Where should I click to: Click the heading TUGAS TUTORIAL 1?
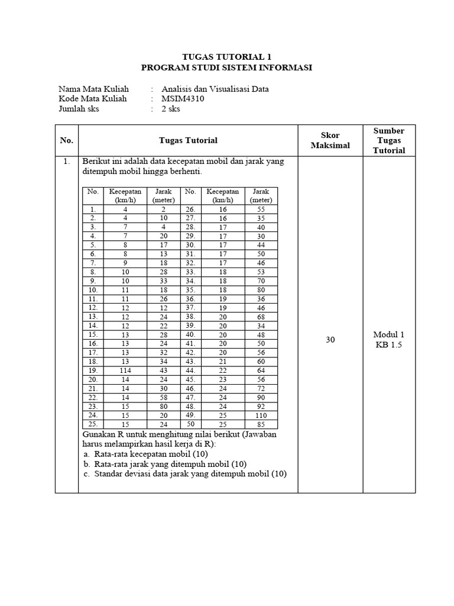tap(226, 57)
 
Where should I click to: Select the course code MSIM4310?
tap(183, 99)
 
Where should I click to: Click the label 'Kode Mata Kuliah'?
tap(93, 99)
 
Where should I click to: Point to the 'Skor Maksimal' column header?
tap(330, 140)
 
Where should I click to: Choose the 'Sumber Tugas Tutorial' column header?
tap(389, 140)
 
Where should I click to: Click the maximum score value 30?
tap(330, 340)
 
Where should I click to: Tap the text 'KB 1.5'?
tap(388, 345)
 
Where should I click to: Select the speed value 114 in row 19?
tap(125, 370)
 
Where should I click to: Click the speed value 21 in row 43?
tap(223, 361)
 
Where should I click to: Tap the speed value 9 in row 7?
tap(125, 263)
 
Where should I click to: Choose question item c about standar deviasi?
tap(184, 473)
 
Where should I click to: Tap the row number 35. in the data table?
tap(190, 291)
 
